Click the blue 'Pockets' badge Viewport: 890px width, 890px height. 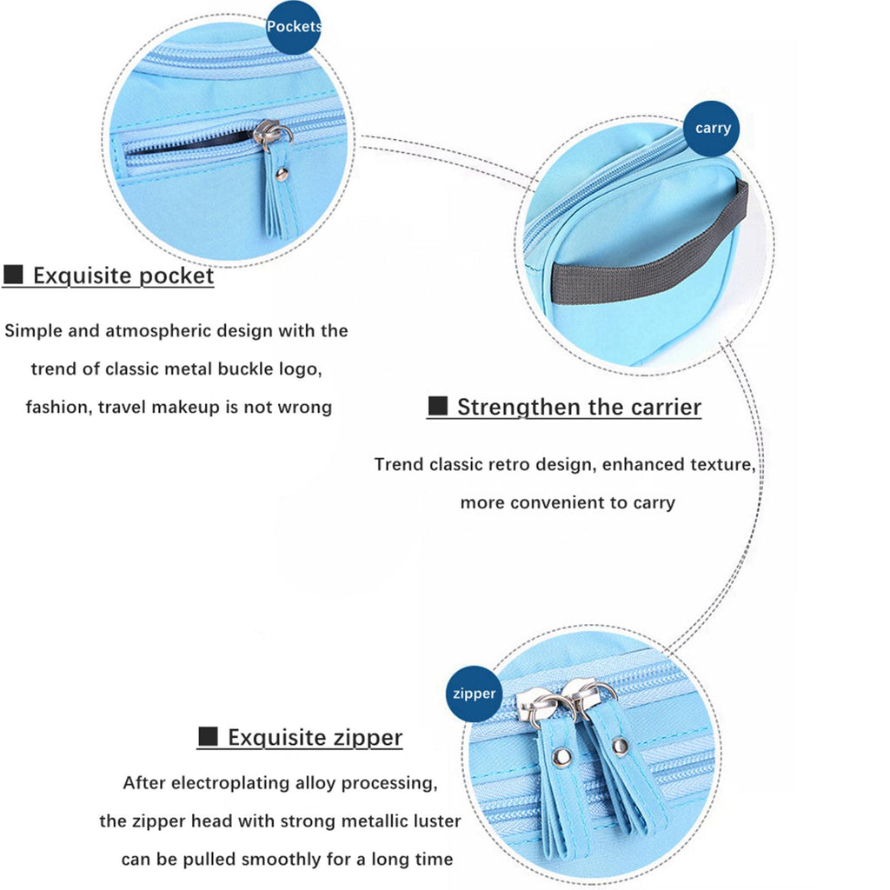tap(294, 27)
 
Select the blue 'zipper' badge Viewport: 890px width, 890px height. tap(474, 694)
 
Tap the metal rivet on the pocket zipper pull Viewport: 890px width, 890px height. tap(281, 174)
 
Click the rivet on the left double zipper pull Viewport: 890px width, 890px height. tap(562, 755)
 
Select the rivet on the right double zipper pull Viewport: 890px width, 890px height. tap(620, 746)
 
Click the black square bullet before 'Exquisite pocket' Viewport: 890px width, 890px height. tap(13, 274)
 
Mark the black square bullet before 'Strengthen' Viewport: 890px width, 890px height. tap(438, 406)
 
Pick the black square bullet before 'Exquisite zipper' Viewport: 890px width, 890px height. tap(209, 736)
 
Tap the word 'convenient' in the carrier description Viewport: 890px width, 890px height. tap(557, 503)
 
